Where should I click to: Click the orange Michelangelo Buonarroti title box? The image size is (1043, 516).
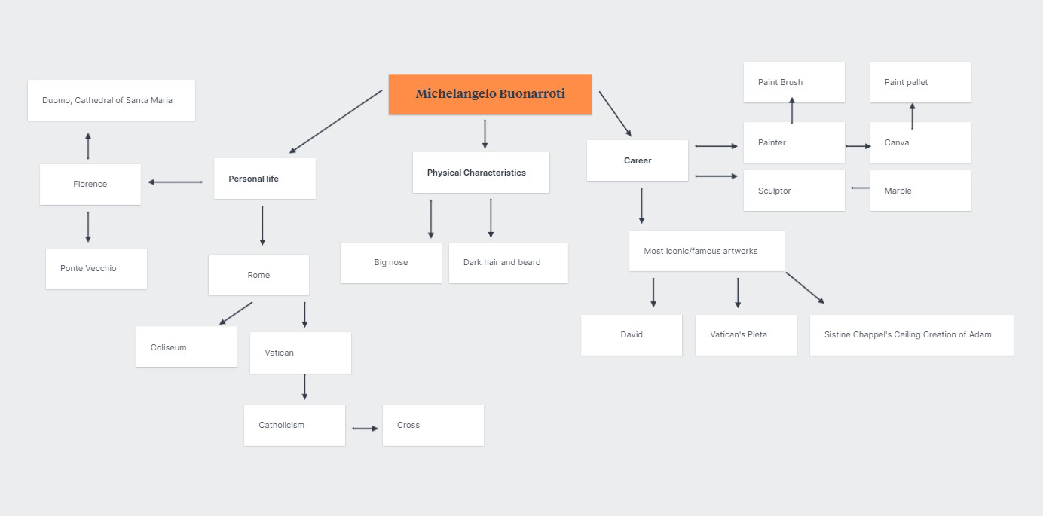[490, 94]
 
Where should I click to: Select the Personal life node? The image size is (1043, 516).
[264, 179]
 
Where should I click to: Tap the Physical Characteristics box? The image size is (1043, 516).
[481, 173]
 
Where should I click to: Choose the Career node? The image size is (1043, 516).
[637, 160]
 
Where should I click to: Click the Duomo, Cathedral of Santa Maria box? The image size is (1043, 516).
[111, 100]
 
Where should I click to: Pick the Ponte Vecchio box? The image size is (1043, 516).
[96, 268]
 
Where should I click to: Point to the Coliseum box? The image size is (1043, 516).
[186, 347]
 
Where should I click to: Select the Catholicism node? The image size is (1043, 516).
[294, 425]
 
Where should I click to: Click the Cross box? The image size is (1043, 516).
[433, 425]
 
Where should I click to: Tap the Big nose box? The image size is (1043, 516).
[390, 262]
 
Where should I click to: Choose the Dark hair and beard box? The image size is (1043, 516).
[508, 262]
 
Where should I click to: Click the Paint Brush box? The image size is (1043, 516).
[794, 82]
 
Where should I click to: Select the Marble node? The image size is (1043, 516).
[920, 191]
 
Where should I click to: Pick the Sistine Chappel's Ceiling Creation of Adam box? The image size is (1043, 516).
[911, 334]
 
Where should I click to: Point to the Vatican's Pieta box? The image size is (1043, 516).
[745, 334]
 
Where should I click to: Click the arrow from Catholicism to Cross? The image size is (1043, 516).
[365, 429]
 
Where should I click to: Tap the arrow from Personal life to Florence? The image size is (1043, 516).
[176, 182]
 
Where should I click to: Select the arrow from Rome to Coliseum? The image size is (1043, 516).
[236, 313]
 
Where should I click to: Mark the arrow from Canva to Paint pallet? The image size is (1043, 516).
[912, 117]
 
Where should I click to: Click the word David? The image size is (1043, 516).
[632, 334]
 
